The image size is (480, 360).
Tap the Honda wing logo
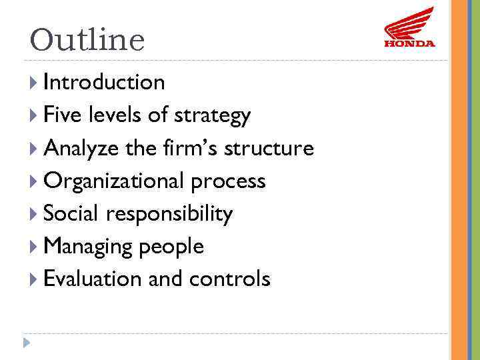click(409, 27)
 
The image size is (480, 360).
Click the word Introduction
click(104, 82)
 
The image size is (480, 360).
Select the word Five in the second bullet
click(58, 115)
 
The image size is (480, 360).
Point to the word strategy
click(212, 116)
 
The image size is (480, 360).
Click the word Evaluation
click(93, 279)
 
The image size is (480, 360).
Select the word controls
click(230, 279)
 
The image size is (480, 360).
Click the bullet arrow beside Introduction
click(34, 83)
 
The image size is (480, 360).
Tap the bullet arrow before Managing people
click(34, 247)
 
